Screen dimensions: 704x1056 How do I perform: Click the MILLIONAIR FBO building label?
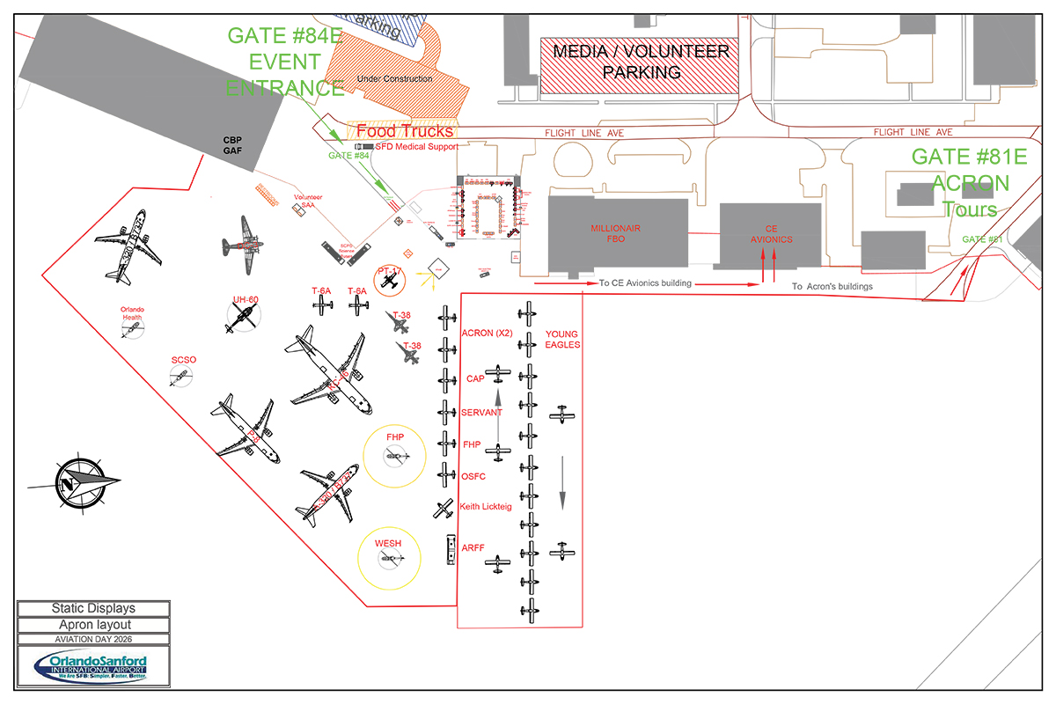(616, 234)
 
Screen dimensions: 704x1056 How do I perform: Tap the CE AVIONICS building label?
(771, 234)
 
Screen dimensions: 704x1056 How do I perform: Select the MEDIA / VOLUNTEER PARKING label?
(641, 62)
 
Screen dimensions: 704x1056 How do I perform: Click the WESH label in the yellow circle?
(388, 544)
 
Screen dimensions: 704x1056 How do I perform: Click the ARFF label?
(473, 548)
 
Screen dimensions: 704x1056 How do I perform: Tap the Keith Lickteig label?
(488, 507)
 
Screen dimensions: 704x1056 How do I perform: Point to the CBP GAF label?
(232, 145)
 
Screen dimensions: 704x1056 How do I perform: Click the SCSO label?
(184, 360)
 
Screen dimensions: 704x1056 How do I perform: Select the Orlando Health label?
(132, 313)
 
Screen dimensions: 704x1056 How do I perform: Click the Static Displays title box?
(93, 608)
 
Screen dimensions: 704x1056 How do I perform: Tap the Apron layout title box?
(93, 625)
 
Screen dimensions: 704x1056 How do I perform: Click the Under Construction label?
(394, 79)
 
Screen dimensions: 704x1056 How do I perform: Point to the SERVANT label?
(481, 413)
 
